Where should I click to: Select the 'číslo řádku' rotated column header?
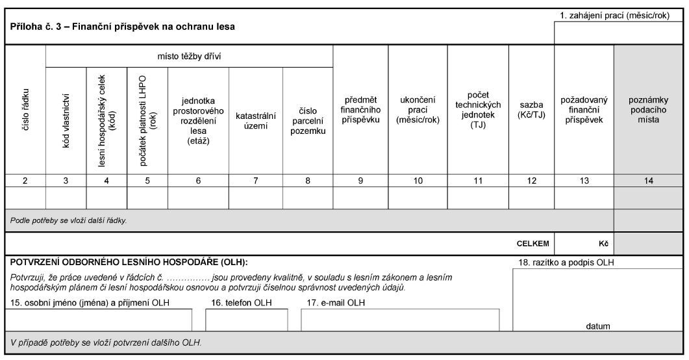click(25, 110)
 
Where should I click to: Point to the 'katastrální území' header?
click(256, 120)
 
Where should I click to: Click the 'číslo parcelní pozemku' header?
click(308, 121)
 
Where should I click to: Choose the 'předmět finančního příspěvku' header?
click(360, 110)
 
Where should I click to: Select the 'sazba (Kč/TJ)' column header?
click(531, 110)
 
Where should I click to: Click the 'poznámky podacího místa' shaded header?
click(649, 110)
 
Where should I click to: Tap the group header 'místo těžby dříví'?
click(189, 56)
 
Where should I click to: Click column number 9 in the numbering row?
click(360, 181)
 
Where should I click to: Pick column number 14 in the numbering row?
click(649, 181)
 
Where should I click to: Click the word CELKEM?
click(532, 244)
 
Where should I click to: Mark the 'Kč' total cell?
click(603, 244)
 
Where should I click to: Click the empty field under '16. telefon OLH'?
click(246, 320)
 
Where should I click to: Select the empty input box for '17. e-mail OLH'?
click(400, 320)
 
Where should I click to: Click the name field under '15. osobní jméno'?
click(98, 320)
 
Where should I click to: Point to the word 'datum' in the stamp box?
click(598, 326)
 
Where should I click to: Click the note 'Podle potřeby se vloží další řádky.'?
click(69, 220)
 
